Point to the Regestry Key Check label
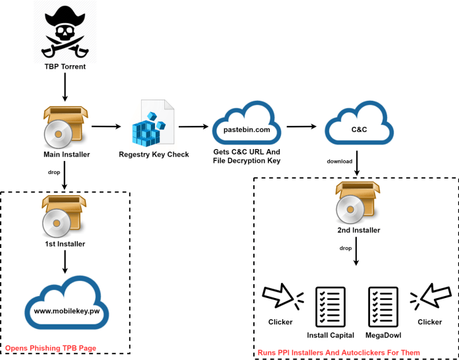(154, 155)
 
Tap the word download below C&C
(340, 161)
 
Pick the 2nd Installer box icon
(357, 201)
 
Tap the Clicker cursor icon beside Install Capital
(282, 298)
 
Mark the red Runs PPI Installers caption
(338, 353)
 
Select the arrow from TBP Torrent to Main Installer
(64, 88)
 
